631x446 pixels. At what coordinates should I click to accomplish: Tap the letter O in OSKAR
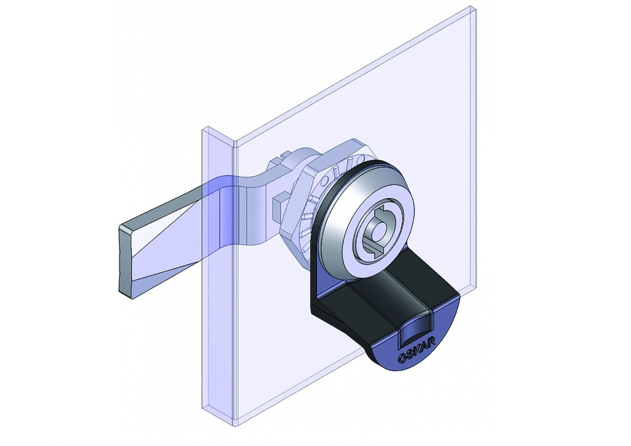pos(401,359)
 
